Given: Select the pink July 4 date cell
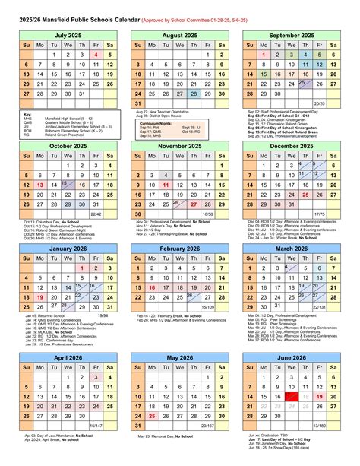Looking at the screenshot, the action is (96, 55).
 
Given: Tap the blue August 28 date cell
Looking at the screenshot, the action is (193, 94).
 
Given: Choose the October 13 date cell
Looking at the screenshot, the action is (40, 184).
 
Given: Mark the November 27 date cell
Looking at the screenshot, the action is (193, 204).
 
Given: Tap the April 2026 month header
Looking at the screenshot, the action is (68, 357).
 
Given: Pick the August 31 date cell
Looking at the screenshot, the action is (137, 103).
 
